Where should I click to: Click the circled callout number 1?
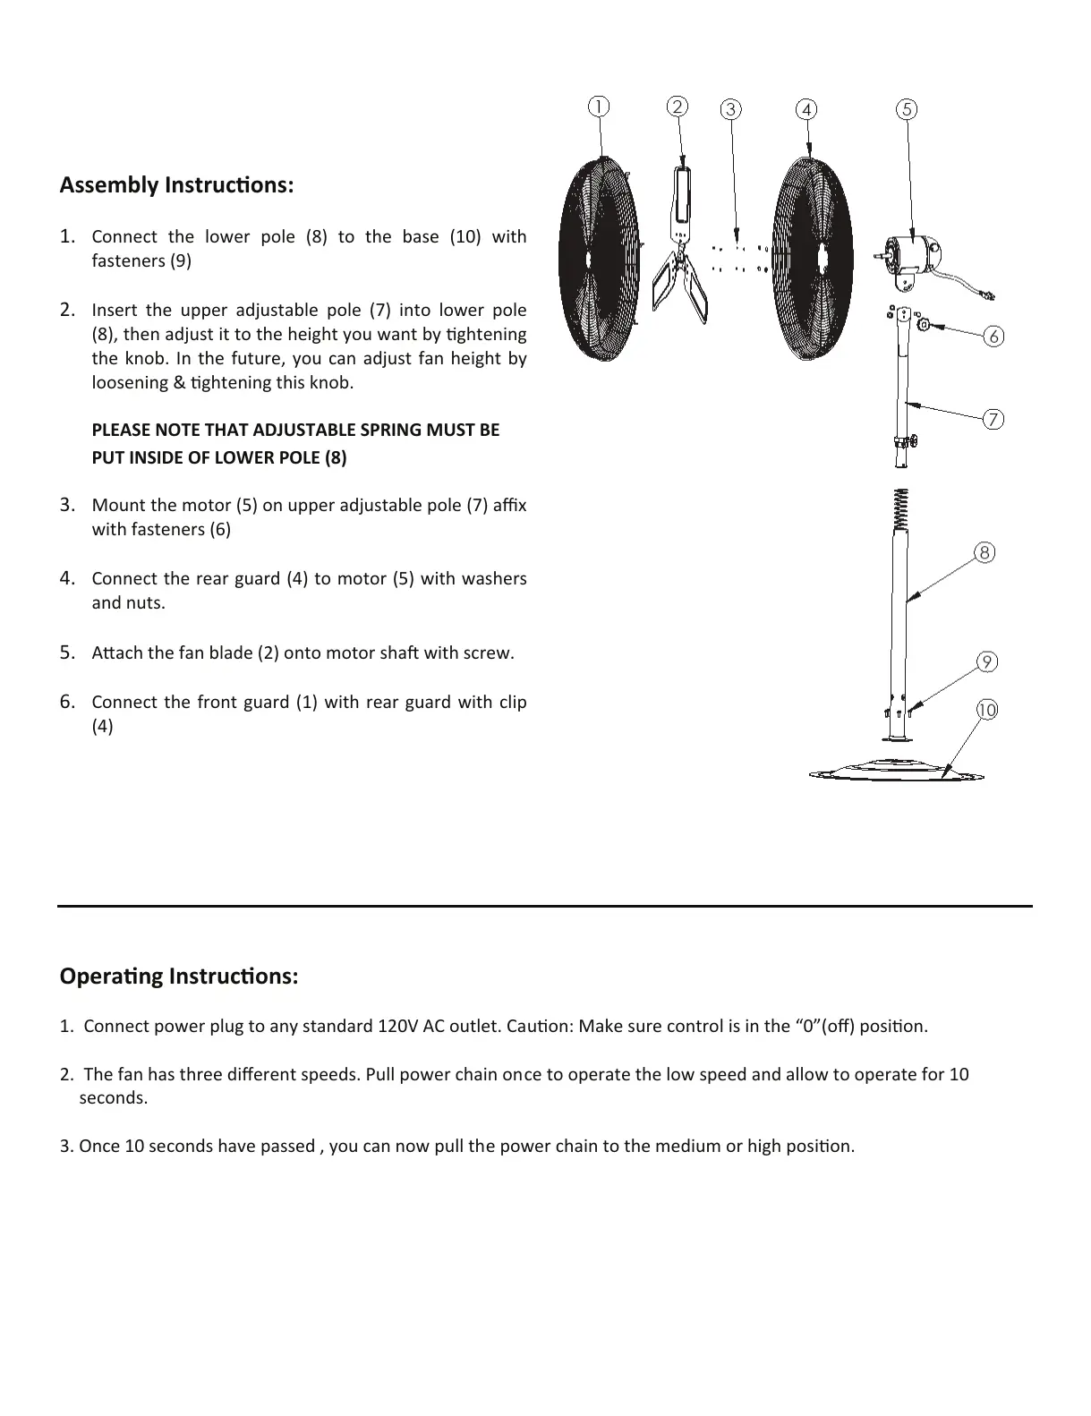[x=598, y=107]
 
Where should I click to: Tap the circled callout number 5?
[x=907, y=109]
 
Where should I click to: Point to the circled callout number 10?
[x=986, y=710]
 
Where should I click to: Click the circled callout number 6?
[x=993, y=337]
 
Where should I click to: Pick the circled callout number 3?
[x=731, y=109]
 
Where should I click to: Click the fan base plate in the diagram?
[x=895, y=771]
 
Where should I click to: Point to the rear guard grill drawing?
[x=812, y=260]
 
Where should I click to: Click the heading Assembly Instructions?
[x=176, y=185]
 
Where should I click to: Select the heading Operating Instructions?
[x=179, y=976]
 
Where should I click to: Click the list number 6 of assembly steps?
[x=67, y=702]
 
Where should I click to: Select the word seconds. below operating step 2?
[x=114, y=1098]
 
